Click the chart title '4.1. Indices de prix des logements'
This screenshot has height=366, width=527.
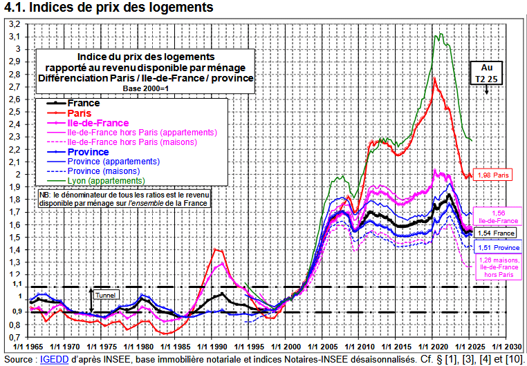click(x=107, y=8)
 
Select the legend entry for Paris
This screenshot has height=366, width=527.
click(x=80, y=113)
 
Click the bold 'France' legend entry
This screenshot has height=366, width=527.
click(x=84, y=103)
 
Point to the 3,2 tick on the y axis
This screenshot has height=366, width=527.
click(x=14, y=23)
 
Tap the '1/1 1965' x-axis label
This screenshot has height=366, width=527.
click(x=31, y=347)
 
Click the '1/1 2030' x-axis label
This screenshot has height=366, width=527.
click(x=509, y=347)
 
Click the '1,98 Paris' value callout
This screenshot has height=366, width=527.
click(x=492, y=175)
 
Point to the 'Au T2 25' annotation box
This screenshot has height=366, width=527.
click(x=487, y=73)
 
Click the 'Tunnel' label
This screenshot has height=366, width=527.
click(x=106, y=295)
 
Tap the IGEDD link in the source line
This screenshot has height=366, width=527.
click(x=50, y=360)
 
